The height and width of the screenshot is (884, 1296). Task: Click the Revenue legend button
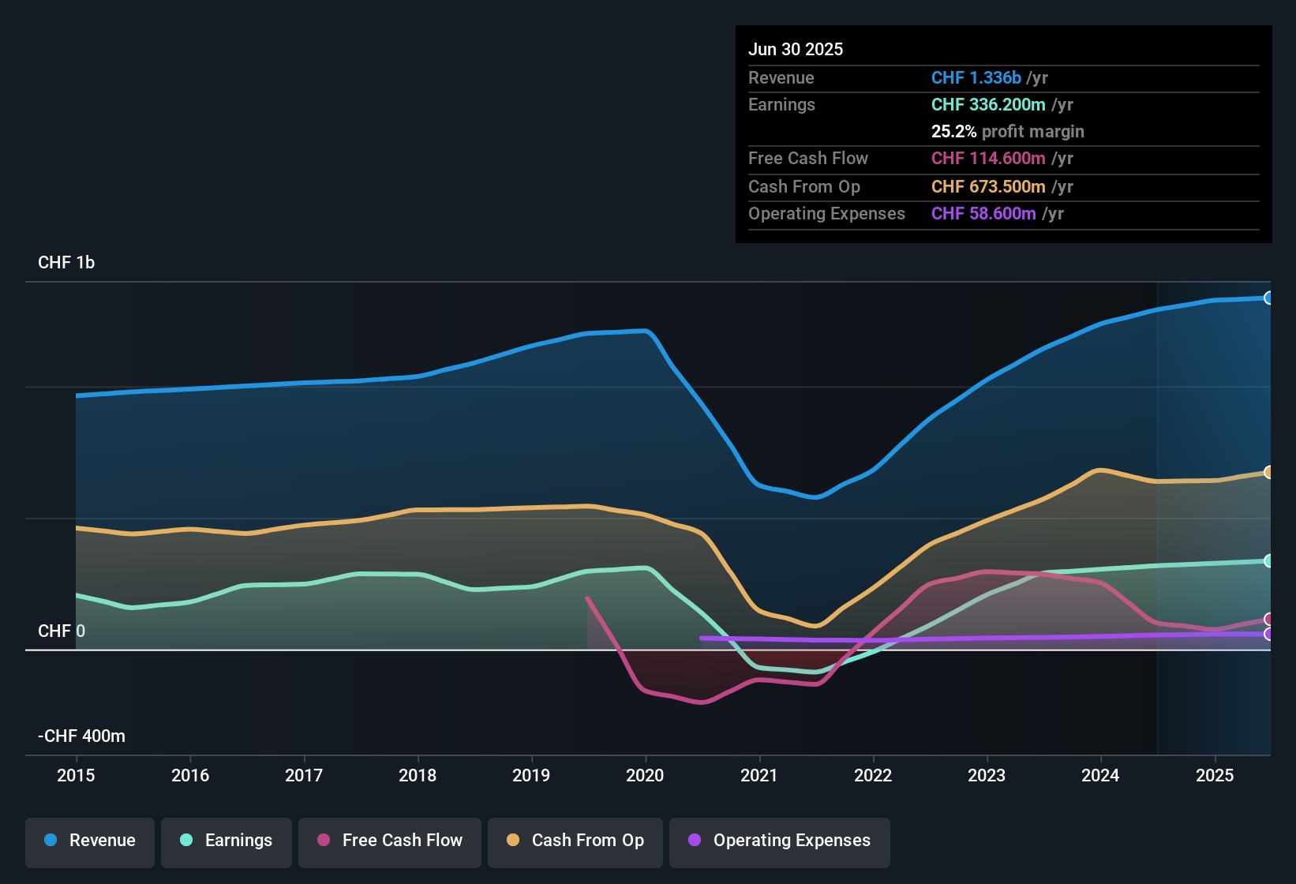(90, 841)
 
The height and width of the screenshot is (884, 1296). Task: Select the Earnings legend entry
(227, 841)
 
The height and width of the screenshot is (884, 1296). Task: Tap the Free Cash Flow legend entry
(390, 841)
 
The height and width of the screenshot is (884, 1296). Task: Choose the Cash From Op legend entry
(575, 841)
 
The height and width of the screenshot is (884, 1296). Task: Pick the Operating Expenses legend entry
(780, 841)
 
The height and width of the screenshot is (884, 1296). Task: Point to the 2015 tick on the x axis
(76, 775)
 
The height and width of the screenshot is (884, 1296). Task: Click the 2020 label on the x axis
(645, 775)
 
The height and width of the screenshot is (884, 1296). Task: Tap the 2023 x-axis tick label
(987, 775)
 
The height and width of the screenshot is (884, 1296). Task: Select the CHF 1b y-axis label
(66, 263)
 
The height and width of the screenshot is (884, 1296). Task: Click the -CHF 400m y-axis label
(81, 736)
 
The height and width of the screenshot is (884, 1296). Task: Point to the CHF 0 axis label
(62, 631)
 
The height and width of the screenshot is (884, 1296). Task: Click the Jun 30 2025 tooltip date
(796, 50)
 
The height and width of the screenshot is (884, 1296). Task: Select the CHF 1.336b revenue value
(976, 78)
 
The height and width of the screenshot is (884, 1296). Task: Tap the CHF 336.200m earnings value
(988, 105)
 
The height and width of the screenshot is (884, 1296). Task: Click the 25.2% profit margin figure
(953, 132)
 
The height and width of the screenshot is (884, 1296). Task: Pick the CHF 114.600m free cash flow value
(988, 159)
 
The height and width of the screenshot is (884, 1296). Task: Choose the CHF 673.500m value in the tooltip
(988, 187)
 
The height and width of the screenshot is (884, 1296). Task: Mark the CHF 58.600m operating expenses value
(983, 214)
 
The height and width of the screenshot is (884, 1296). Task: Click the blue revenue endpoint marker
(1268, 298)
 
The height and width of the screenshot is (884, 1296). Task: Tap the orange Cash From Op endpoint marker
(1268, 472)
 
